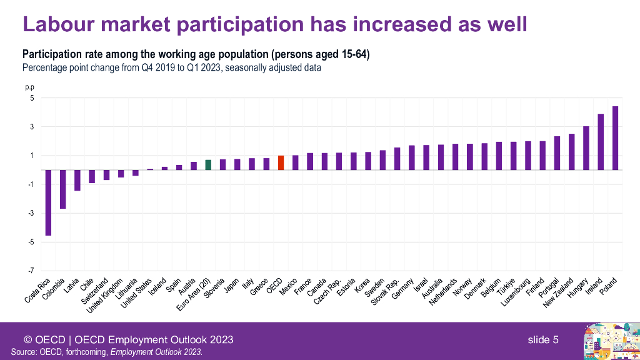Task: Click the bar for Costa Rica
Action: [x=48, y=202]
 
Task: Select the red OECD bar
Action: [x=281, y=162]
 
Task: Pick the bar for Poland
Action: [x=616, y=138]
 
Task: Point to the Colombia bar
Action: [x=62, y=189]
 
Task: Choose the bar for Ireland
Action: [x=601, y=142]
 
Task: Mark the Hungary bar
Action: [x=586, y=148]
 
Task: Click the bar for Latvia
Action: [x=77, y=180]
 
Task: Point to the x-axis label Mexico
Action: [x=288, y=286]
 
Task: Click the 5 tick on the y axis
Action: [x=29, y=98]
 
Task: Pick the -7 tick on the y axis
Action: [x=29, y=271]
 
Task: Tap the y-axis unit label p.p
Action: [x=29, y=87]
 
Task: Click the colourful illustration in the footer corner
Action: [x=607, y=341]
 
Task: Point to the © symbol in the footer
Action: [x=28, y=340]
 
